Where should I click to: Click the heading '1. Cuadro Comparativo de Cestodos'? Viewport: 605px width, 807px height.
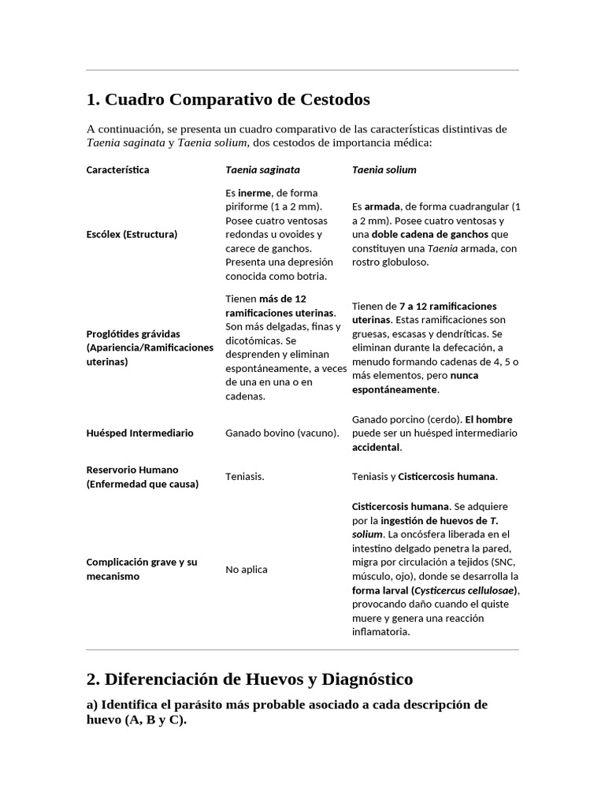click(228, 100)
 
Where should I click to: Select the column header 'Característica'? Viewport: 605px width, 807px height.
click(117, 169)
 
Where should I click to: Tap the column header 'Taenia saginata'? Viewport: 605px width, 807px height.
click(262, 169)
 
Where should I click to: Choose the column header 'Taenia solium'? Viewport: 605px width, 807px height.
click(384, 169)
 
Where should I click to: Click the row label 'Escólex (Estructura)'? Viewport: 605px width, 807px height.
click(132, 234)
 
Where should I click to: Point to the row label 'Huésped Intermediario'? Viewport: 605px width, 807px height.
click(139, 433)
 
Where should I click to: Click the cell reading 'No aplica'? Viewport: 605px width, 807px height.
click(247, 569)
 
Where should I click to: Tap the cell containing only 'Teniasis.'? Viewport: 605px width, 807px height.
click(245, 477)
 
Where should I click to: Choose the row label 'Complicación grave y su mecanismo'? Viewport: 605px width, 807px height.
click(139, 569)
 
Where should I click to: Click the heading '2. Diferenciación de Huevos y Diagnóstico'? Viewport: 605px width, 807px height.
click(249, 679)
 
